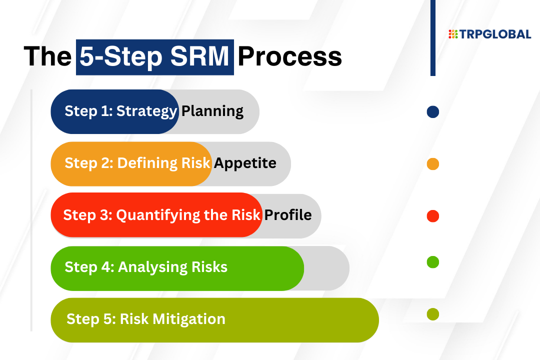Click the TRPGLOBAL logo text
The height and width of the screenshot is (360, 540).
(x=495, y=34)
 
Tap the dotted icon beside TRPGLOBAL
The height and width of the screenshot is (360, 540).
(x=453, y=34)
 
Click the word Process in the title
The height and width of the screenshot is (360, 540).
(x=289, y=56)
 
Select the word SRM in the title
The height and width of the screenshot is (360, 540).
(x=199, y=56)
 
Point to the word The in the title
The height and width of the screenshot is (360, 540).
(x=47, y=56)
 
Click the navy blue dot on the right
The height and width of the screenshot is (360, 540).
(x=432, y=112)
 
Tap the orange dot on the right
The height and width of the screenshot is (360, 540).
(x=432, y=164)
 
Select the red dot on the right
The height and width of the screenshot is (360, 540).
(x=432, y=216)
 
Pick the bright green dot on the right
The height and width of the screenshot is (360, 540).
(x=432, y=262)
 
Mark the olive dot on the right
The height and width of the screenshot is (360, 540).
(x=432, y=314)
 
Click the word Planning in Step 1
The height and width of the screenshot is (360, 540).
(x=212, y=111)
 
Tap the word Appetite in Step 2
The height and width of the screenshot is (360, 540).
(x=245, y=163)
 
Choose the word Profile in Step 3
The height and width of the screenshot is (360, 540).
(x=288, y=215)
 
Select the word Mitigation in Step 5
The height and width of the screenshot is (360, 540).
(x=188, y=319)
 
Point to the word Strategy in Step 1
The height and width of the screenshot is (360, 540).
(x=146, y=111)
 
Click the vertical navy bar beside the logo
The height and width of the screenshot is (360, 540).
(x=433, y=38)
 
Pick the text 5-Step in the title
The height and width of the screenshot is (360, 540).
(x=121, y=57)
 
